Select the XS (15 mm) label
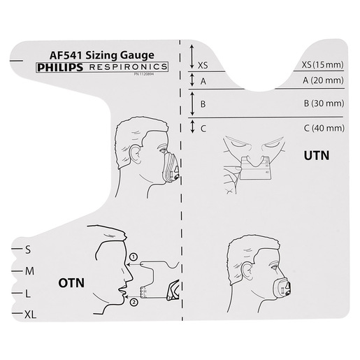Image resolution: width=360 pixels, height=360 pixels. coord(324,64)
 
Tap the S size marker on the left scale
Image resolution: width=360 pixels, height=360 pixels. coord(28,248)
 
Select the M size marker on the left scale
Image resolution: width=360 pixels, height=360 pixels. coord(29,269)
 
